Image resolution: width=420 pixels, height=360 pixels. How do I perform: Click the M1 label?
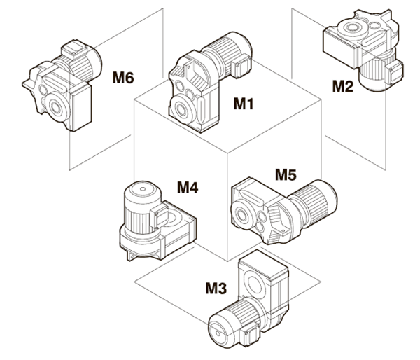coord(243,104)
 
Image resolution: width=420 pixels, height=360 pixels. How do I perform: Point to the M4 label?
coord(188,187)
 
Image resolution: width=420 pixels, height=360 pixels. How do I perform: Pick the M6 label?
coord(123,75)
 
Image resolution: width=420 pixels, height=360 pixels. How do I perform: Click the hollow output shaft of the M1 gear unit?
coord(183,109)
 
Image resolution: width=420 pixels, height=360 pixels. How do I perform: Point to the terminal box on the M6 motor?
coord(73,50)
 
